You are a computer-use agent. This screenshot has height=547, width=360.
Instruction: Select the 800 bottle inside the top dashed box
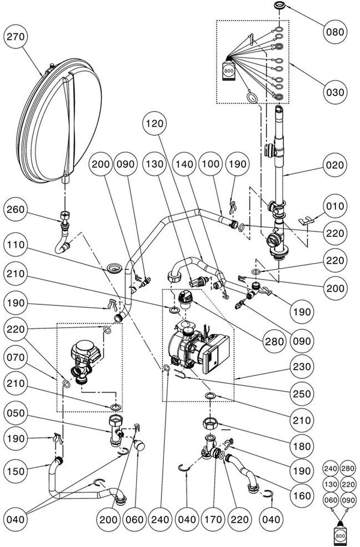click(x=229, y=71)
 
